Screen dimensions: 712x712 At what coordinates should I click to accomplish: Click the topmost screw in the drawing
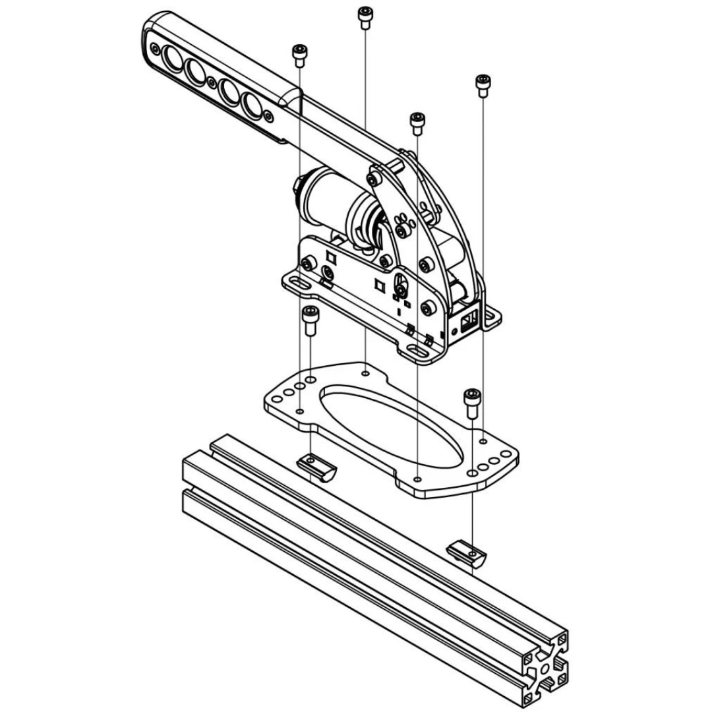click(365, 16)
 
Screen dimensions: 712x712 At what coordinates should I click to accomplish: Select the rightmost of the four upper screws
click(482, 85)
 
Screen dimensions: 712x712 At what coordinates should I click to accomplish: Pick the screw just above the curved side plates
click(417, 123)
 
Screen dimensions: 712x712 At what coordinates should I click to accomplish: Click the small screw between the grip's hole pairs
click(211, 81)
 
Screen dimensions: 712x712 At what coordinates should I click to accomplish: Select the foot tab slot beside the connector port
click(491, 318)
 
